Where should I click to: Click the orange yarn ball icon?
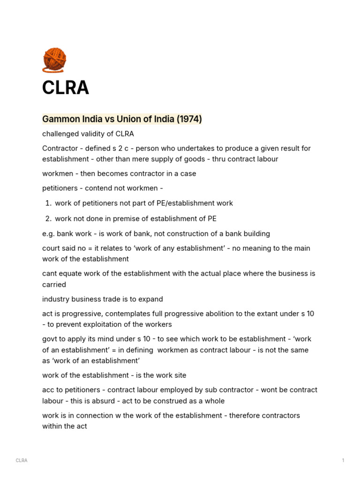tap(54, 61)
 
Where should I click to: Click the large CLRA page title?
tap(65, 88)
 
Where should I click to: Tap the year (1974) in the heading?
tap(189, 119)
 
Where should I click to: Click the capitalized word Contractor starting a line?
tap(60, 148)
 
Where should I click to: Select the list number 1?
tap(48, 203)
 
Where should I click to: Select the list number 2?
tap(48, 218)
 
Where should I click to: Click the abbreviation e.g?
tap(49, 233)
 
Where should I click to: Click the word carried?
tap(54, 285)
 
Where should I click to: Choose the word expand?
tap(151, 299)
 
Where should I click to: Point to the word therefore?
tap(251, 415)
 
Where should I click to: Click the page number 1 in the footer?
tap(343, 460)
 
